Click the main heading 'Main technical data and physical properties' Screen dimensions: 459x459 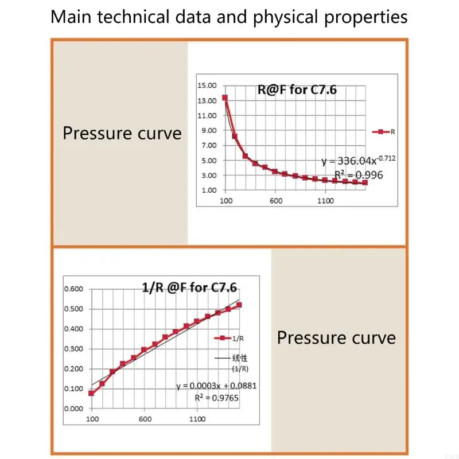[x=229, y=17]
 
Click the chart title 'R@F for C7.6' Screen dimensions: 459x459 [x=295, y=90]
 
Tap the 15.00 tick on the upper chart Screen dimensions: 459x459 [x=207, y=85]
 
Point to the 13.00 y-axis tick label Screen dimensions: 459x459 [x=207, y=100]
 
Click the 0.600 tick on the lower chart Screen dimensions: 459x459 [x=73, y=289]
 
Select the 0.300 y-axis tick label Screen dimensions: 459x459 [x=73, y=349]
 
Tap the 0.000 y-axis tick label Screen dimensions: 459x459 [x=73, y=409]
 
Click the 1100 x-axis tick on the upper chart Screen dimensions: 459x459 [x=325, y=201]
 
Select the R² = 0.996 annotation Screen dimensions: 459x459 [x=359, y=175]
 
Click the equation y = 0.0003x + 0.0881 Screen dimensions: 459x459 [x=216, y=386]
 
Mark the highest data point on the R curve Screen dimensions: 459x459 [x=225, y=98]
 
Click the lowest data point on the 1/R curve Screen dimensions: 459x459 [x=91, y=393]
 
